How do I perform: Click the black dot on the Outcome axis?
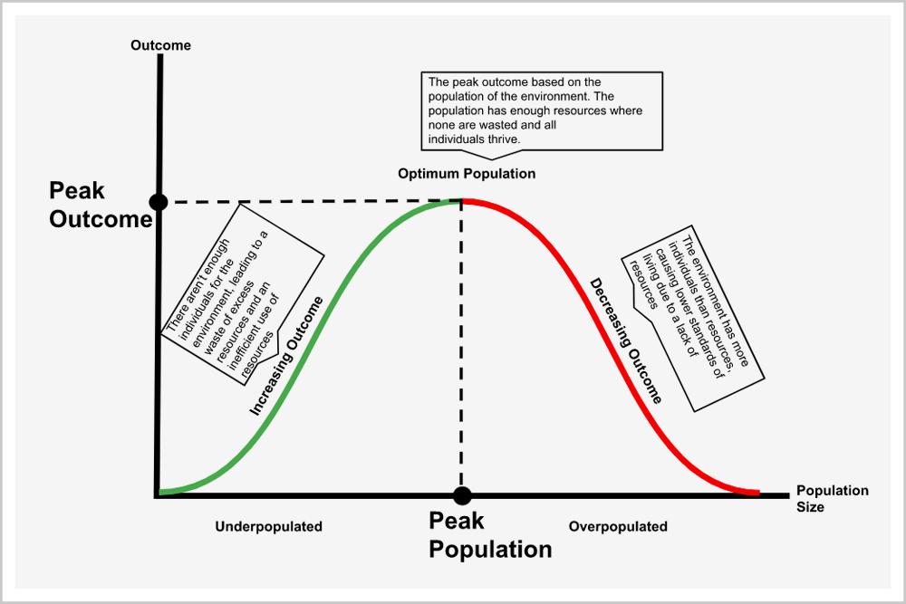pyautogui.click(x=159, y=201)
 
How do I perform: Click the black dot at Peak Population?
pyautogui.click(x=462, y=495)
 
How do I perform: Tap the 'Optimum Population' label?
pyautogui.click(x=467, y=173)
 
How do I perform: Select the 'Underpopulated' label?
pyautogui.click(x=268, y=526)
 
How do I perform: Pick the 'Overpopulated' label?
pyautogui.click(x=618, y=526)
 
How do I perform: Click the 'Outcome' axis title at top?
pyautogui.click(x=160, y=45)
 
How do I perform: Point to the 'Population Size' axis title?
pyautogui.click(x=832, y=499)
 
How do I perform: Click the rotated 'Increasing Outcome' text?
pyautogui.click(x=286, y=357)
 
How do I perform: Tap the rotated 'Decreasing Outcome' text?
pyautogui.click(x=626, y=340)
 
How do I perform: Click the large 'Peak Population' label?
pyautogui.click(x=489, y=535)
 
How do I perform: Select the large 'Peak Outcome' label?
pyautogui.click(x=100, y=205)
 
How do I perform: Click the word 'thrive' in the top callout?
pyautogui.click(x=502, y=139)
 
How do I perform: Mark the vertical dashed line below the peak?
pyautogui.click(x=462, y=362)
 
